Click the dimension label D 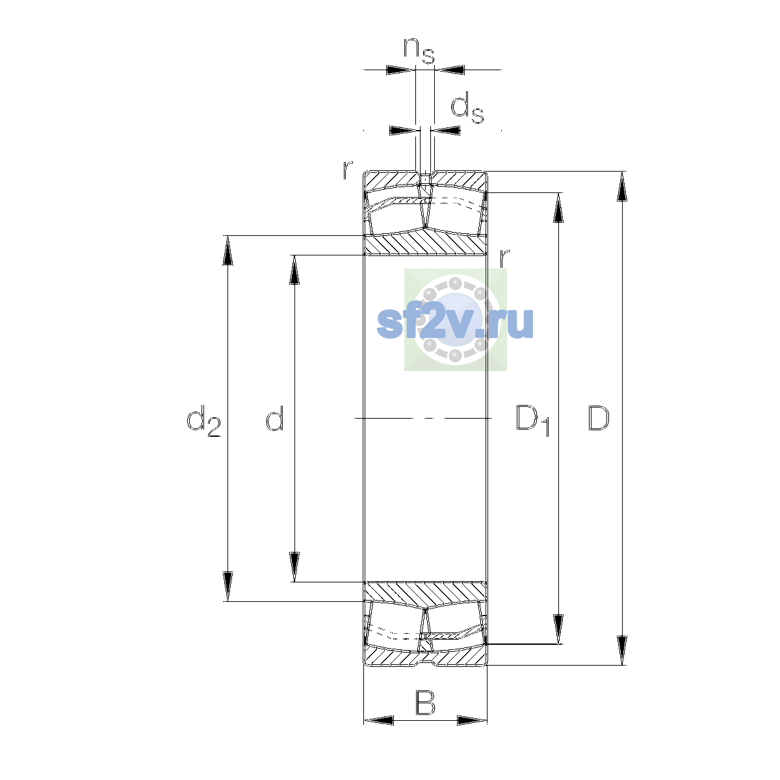pos(598,418)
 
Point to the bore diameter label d pos(275,418)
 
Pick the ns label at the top pos(419,51)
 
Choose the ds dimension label pos(467,108)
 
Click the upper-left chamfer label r pos(348,170)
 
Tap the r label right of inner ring pos(504,257)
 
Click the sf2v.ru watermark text pos(455,322)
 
